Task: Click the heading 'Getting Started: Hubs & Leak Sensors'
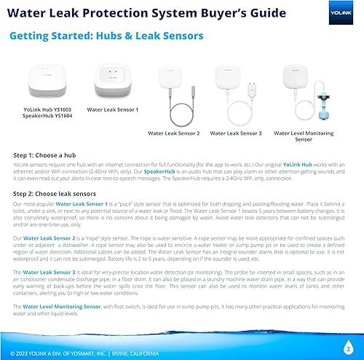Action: coord(106,36)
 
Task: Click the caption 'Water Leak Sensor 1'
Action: coord(113,109)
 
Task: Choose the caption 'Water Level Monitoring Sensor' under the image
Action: coord(298,136)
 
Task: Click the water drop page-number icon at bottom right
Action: coord(349,347)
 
